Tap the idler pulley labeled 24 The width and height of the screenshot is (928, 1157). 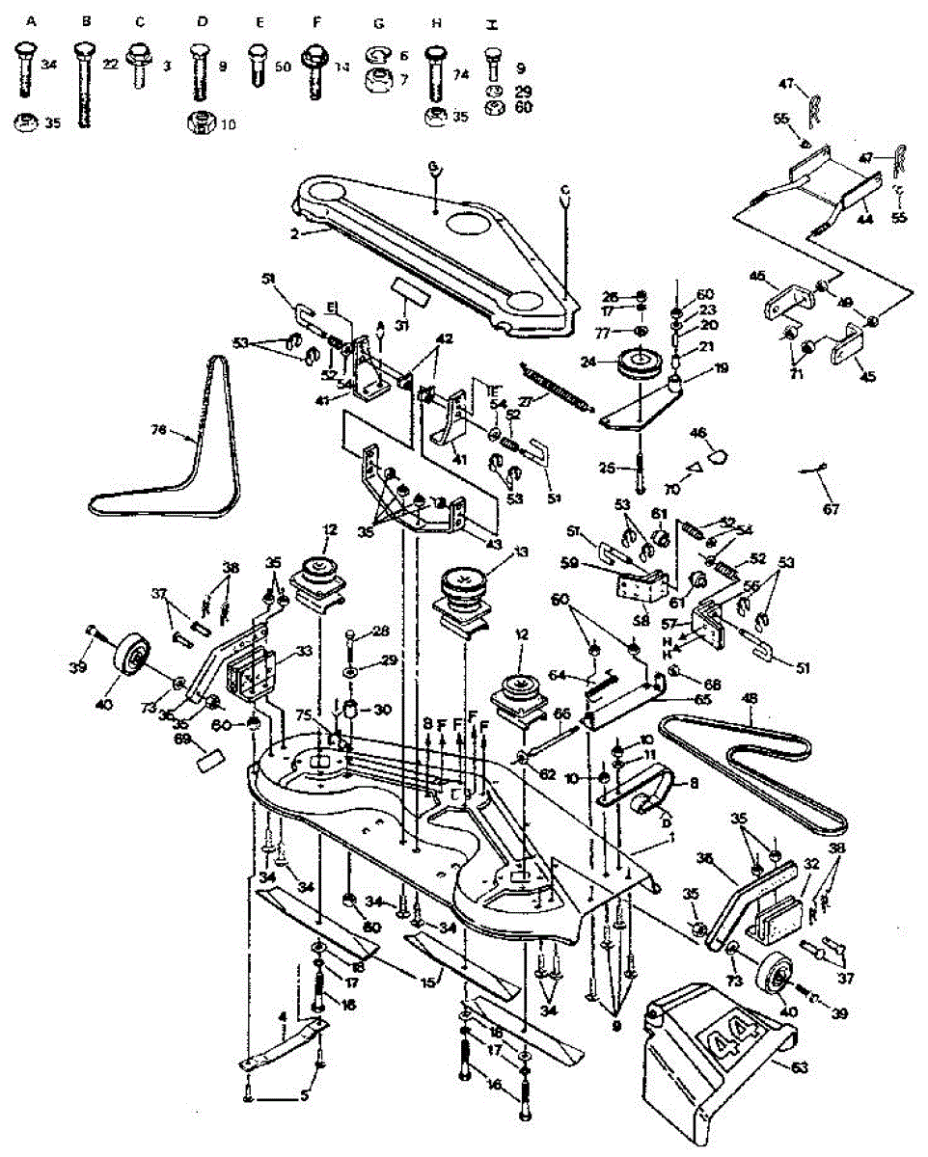pyautogui.click(x=635, y=364)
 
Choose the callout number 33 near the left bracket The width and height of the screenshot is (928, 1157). pyautogui.click(x=278, y=652)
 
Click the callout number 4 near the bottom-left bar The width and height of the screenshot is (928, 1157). pyautogui.click(x=282, y=1015)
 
